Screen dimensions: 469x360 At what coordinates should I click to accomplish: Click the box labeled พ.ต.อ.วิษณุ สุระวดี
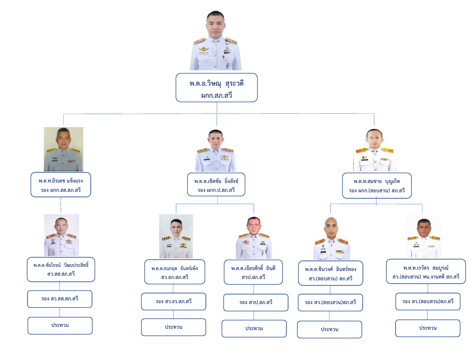tap(216, 88)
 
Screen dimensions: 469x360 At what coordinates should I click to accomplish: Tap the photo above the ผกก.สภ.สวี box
tap(216, 41)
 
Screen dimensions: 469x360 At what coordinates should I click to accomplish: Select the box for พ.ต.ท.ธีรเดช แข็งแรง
tap(60, 185)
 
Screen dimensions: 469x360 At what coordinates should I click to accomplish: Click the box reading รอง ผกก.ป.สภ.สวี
tap(216, 185)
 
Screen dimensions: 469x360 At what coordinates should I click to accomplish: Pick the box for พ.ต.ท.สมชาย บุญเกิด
tap(377, 186)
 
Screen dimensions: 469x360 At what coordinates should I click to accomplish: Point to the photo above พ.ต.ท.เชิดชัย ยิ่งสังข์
tap(216, 150)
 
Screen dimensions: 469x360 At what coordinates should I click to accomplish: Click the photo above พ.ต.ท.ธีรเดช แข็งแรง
tap(63, 149)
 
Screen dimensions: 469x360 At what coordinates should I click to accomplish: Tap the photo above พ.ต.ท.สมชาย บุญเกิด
tap(375, 150)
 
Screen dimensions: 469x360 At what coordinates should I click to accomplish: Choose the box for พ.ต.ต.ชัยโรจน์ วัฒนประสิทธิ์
tap(61, 270)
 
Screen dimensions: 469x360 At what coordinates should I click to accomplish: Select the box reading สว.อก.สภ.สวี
tap(174, 272)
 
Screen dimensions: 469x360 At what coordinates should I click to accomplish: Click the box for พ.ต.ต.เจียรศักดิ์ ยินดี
tap(253, 272)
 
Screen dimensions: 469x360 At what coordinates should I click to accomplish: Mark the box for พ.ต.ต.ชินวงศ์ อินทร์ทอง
tap(330, 273)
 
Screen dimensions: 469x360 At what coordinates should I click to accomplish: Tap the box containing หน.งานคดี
tap(426, 272)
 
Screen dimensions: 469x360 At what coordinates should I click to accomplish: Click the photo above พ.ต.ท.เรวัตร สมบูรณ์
tap(424, 237)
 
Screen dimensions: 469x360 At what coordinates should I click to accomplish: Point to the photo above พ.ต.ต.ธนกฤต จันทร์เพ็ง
tap(176, 237)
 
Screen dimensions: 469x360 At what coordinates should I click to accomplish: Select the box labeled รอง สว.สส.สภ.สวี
tap(60, 299)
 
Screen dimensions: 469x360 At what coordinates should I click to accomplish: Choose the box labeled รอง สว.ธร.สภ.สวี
tap(174, 302)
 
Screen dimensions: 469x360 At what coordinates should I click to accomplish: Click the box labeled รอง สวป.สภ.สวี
tap(256, 303)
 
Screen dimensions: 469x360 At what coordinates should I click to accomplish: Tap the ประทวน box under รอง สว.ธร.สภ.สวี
tap(174, 327)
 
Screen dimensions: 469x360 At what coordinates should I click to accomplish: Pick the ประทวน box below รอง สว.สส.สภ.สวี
tap(60, 326)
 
